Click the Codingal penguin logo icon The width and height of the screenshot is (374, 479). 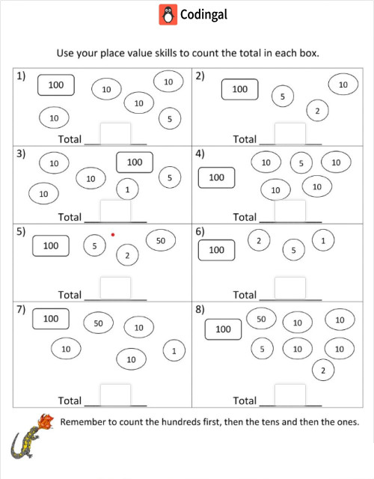click(x=168, y=15)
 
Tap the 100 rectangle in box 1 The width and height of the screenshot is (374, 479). click(x=56, y=85)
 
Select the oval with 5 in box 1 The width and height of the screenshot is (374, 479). click(x=170, y=118)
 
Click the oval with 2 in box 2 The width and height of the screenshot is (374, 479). click(x=317, y=112)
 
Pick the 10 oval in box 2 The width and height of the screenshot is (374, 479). click(x=343, y=85)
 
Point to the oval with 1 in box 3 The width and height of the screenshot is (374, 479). click(x=128, y=190)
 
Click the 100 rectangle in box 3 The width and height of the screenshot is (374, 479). click(x=135, y=162)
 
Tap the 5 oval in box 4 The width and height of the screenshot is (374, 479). click(x=301, y=162)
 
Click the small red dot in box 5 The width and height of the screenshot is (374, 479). click(x=113, y=235)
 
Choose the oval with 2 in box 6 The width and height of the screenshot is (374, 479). click(x=258, y=240)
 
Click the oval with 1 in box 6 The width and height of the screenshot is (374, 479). click(x=323, y=241)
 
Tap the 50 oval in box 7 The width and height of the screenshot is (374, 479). click(x=98, y=323)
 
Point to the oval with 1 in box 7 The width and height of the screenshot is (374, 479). click(x=174, y=350)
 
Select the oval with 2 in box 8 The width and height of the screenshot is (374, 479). click(x=322, y=370)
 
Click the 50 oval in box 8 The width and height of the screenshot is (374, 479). click(x=261, y=320)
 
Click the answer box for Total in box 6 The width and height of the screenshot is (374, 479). click(x=289, y=288)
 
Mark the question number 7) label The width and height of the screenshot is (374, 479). click(x=22, y=310)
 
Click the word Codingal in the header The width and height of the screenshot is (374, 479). click(x=203, y=15)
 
